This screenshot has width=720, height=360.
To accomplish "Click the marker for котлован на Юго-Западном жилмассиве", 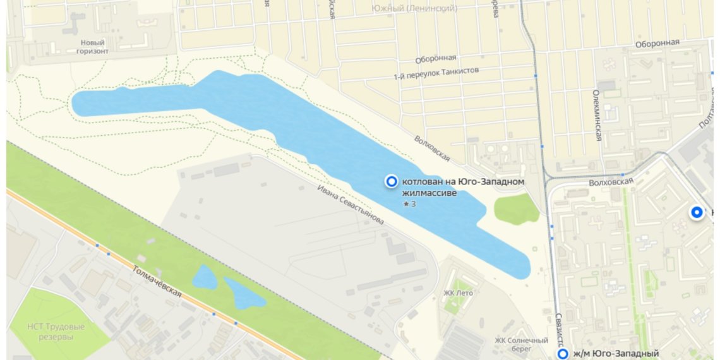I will click(x=392, y=182).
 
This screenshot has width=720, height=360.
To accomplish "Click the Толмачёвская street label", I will click(x=157, y=281).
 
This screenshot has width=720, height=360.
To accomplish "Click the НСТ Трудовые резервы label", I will click(x=50, y=332).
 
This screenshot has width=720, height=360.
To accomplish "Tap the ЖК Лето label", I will click(x=458, y=292).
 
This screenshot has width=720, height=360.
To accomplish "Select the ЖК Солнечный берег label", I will click(x=512, y=344).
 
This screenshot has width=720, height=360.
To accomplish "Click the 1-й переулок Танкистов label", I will click(x=436, y=73).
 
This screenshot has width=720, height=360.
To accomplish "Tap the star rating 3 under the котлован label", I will click(x=409, y=204).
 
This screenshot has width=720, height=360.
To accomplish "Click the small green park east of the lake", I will click(x=516, y=209).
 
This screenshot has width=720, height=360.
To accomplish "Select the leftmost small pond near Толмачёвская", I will click(x=205, y=277).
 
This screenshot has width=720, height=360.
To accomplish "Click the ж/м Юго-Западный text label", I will click(x=616, y=354).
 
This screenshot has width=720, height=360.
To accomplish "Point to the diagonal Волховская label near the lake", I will click(x=432, y=148).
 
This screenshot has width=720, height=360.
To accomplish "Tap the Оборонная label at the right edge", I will click(x=657, y=43).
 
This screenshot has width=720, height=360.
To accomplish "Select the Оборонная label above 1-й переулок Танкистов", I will click(x=435, y=59).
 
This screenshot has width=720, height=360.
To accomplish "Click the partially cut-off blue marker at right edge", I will click(x=697, y=213).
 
